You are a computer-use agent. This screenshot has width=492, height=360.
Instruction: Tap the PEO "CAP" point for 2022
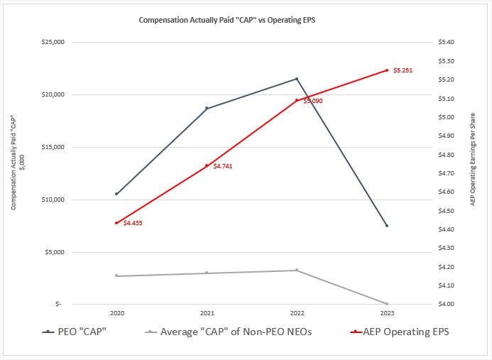(x=297, y=79)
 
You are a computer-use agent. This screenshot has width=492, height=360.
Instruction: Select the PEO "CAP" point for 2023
(x=387, y=226)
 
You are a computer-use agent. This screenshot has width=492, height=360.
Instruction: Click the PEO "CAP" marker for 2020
(x=116, y=193)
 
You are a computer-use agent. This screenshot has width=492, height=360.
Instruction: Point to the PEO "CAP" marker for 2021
(x=207, y=108)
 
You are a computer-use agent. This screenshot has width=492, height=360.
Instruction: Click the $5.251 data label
(x=402, y=70)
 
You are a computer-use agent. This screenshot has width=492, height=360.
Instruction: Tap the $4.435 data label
(x=133, y=223)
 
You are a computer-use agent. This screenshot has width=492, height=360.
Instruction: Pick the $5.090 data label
(x=313, y=101)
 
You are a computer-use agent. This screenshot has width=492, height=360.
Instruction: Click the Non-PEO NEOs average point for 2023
(x=387, y=304)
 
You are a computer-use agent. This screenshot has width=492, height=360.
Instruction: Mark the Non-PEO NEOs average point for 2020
(x=116, y=276)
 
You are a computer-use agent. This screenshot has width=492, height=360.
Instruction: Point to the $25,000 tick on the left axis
(x=55, y=42)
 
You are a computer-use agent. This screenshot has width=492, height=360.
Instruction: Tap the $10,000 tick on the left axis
(x=55, y=200)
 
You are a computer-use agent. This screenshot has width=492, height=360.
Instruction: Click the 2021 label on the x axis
(x=207, y=312)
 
